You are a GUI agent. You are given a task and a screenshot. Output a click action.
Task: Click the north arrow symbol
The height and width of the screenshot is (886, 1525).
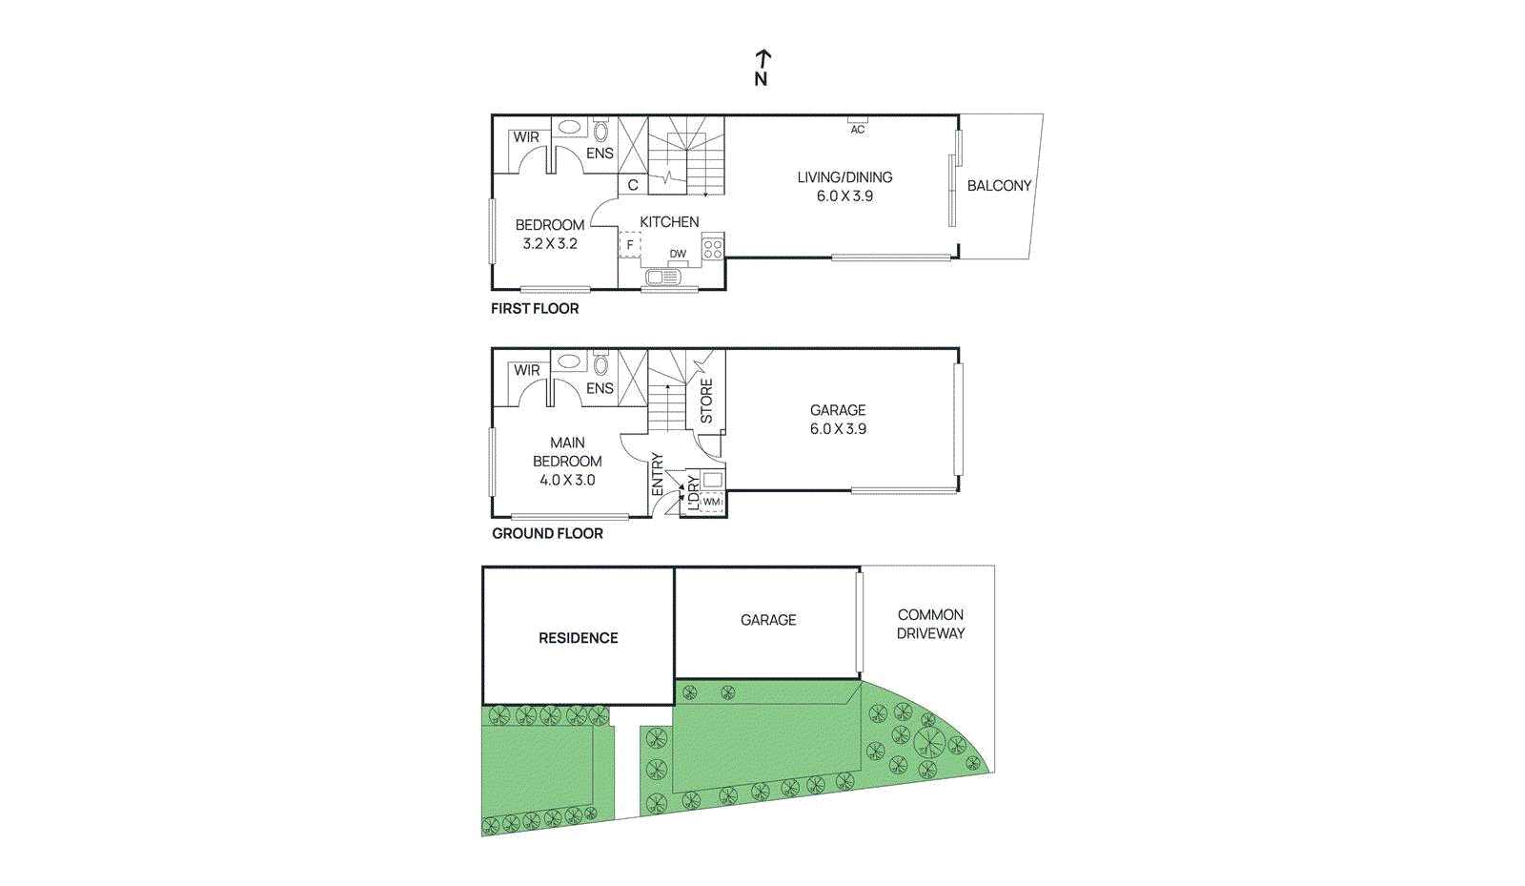click(762, 68)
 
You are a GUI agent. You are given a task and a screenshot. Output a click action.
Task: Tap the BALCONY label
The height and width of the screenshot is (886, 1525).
click(999, 186)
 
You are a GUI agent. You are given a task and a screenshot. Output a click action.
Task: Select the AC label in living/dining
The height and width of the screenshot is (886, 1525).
click(858, 129)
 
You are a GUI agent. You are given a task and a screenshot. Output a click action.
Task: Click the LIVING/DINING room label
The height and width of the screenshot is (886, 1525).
click(844, 177)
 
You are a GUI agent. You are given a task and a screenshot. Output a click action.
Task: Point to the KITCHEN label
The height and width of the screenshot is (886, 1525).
click(669, 222)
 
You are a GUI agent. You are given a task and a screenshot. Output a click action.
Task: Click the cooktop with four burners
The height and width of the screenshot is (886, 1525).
click(712, 250)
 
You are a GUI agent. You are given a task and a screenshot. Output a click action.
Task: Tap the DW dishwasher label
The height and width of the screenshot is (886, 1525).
click(678, 254)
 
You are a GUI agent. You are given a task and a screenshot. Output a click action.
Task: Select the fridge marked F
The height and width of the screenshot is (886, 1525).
click(629, 245)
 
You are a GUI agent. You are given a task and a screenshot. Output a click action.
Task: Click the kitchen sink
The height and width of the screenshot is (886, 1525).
click(661, 278)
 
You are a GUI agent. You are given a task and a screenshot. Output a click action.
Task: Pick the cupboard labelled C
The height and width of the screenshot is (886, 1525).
click(632, 185)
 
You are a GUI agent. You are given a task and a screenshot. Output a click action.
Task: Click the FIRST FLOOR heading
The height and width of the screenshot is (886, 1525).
click(535, 309)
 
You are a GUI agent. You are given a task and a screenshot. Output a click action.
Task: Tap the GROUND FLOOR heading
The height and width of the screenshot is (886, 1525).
click(547, 534)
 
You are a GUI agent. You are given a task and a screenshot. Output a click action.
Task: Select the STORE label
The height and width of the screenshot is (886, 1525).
click(706, 401)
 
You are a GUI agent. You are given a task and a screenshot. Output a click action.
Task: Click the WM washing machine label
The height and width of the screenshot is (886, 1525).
click(711, 502)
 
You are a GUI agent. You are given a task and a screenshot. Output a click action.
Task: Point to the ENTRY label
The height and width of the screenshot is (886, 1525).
click(657, 474)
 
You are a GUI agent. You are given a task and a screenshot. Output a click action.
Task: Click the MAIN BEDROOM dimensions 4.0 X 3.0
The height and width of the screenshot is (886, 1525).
click(567, 481)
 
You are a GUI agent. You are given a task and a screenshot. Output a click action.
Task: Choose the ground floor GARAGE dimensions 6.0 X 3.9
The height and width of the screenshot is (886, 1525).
click(838, 429)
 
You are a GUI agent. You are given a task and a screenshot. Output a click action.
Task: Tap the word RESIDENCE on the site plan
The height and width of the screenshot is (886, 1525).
click(578, 638)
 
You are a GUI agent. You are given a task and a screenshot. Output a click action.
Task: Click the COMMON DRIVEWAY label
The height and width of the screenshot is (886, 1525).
click(930, 624)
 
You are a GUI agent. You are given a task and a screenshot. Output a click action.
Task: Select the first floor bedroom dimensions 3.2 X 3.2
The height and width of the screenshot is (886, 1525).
click(550, 244)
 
